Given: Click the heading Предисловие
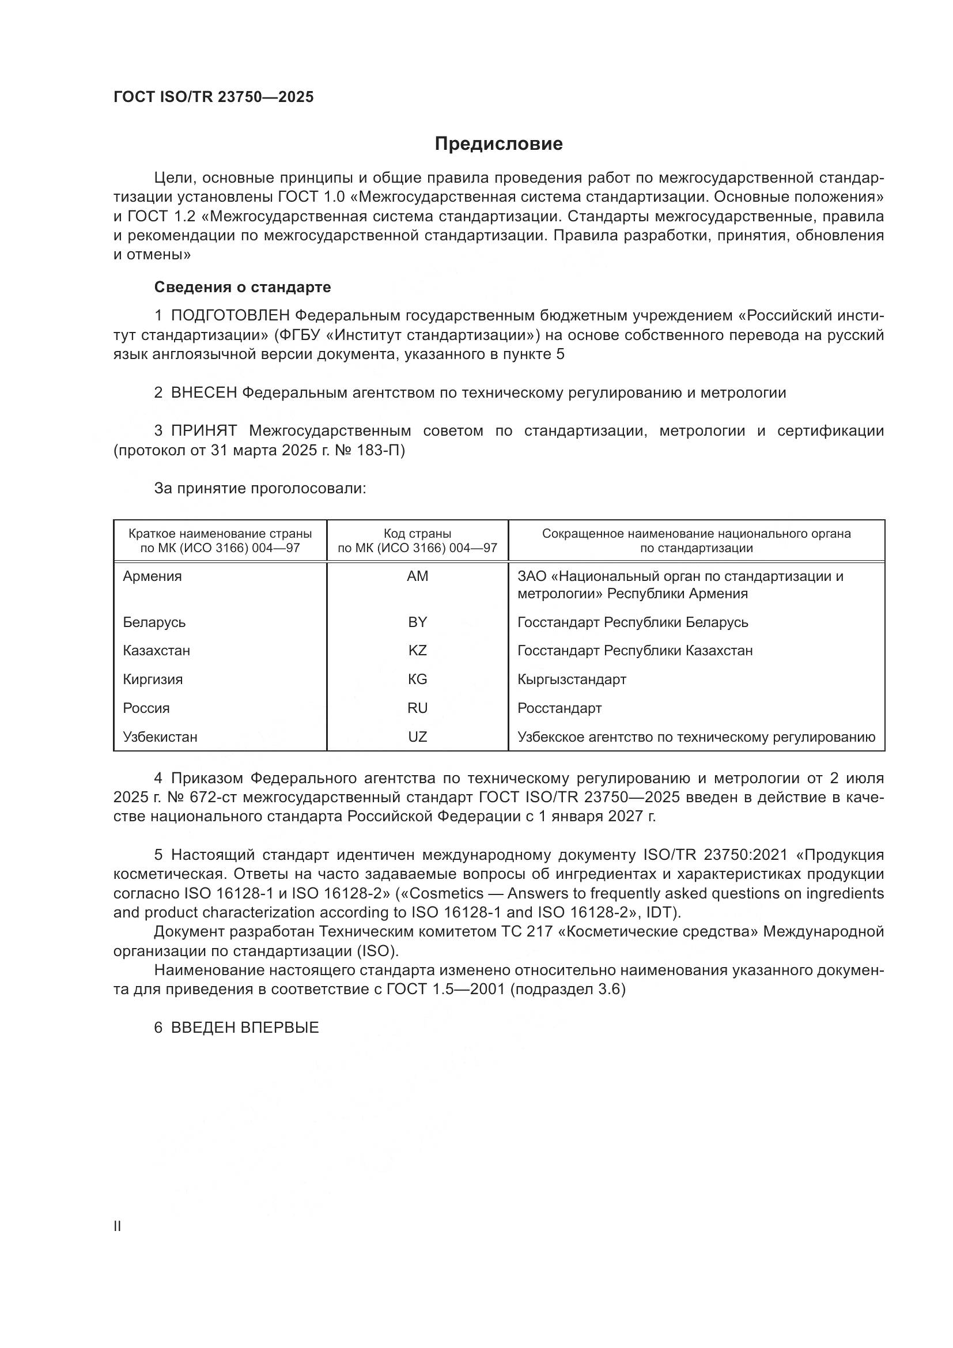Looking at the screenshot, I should tap(498, 144).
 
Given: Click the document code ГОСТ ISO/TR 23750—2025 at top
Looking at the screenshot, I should tap(214, 97).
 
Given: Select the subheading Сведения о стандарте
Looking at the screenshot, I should tap(243, 287).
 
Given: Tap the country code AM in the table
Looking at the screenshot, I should tap(417, 576).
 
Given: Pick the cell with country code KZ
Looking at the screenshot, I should tap(417, 651).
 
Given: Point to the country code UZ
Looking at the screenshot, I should tap(417, 737).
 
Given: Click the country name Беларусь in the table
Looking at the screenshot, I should tap(154, 622).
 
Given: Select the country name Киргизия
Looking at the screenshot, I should tap(153, 679).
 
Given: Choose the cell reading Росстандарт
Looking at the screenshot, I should tap(559, 708).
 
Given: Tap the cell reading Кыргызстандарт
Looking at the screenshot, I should tap(572, 679).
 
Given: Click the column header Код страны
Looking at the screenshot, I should tap(417, 534).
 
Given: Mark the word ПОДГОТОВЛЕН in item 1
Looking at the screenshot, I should tap(230, 316).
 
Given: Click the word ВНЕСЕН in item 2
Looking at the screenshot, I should tap(203, 393).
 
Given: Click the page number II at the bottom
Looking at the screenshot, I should tap(118, 1226).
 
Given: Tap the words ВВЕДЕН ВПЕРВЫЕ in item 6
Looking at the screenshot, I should tap(245, 1028).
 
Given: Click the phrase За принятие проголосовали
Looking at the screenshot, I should tap(260, 489).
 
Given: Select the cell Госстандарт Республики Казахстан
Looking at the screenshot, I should tap(635, 651).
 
